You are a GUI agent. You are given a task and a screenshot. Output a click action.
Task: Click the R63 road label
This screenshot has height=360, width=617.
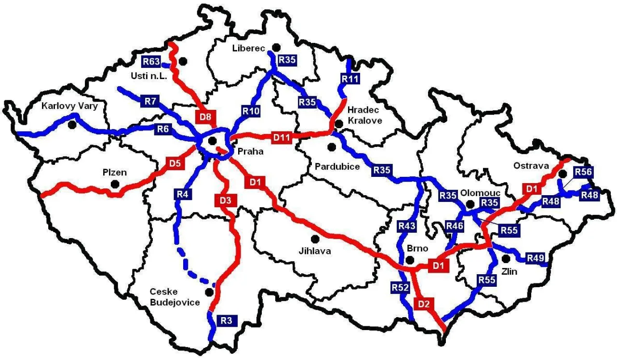tap(151, 61)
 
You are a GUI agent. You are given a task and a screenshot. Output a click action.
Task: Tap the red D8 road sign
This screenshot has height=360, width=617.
tap(205, 117)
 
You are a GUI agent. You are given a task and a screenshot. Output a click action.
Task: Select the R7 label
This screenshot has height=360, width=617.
tap(150, 101)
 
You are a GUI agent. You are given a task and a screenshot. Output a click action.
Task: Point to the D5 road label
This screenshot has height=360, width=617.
tap(174, 163)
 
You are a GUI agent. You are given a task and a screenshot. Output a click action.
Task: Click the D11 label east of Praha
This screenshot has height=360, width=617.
tap(282, 138)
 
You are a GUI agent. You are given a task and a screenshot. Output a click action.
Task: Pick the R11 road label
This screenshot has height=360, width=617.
tap(350, 78)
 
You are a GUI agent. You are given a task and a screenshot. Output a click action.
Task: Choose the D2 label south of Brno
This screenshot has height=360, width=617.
tap(424, 304)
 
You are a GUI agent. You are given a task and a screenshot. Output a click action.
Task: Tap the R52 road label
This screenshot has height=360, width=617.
tap(400, 288)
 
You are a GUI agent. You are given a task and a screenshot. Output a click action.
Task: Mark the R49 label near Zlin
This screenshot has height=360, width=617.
tap(535, 258)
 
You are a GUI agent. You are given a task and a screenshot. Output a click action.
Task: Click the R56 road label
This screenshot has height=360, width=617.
tap(583, 172)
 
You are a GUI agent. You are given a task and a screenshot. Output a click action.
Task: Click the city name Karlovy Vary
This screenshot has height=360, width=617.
tap(69, 106)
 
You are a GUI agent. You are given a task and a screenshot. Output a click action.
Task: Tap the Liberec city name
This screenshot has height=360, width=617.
tap(249, 48)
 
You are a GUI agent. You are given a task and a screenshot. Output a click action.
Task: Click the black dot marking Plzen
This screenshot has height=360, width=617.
tap(115, 184)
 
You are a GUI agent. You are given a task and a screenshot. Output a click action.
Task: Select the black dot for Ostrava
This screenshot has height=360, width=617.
tap(563, 173)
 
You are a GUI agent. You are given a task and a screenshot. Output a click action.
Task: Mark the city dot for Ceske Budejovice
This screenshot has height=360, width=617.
tap(209, 292)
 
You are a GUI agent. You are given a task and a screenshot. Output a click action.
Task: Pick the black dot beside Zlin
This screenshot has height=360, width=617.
tap(506, 259)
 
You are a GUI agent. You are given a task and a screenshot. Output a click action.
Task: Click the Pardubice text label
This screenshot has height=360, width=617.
tap(337, 166)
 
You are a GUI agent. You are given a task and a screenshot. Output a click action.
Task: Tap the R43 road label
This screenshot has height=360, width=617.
tap(407, 225)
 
